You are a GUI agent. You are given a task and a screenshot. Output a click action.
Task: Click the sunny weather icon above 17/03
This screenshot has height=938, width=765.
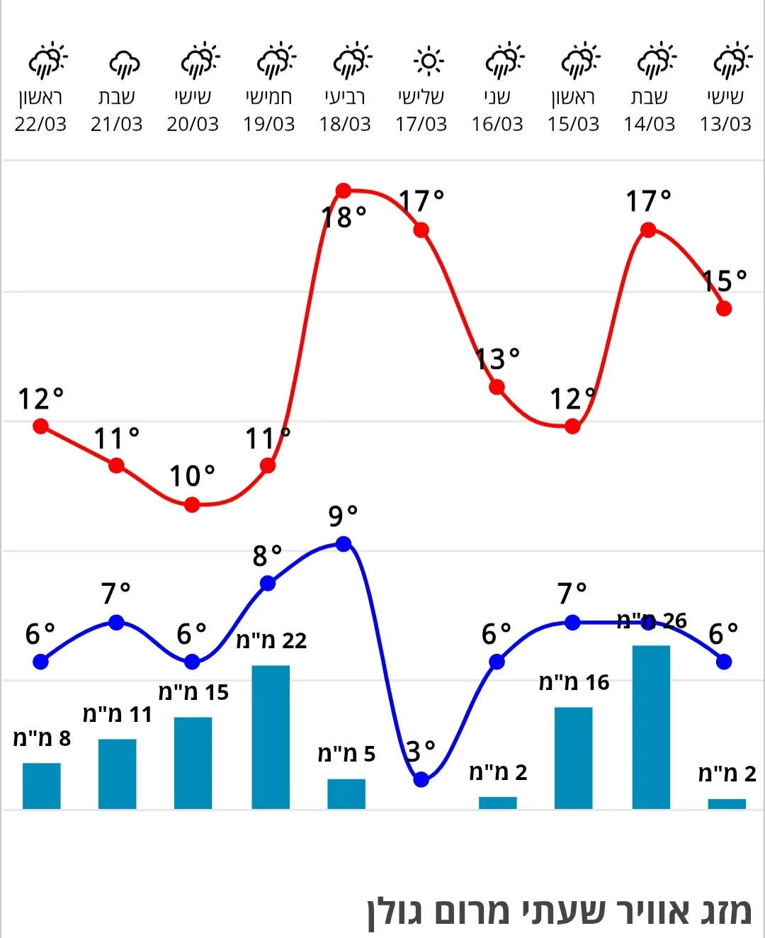point(428,61)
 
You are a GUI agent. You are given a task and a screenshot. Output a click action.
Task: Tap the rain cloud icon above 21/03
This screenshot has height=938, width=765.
point(124,63)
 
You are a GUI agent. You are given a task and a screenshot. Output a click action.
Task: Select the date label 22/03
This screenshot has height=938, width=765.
point(40,124)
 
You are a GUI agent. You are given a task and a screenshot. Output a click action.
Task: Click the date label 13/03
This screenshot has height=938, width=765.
point(725,124)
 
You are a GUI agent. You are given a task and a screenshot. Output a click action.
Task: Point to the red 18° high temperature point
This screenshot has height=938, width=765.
point(344,191)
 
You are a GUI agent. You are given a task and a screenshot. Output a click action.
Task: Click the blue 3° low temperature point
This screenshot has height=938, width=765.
point(421,779)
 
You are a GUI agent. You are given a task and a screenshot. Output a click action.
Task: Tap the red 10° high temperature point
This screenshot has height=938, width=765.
point(192,504)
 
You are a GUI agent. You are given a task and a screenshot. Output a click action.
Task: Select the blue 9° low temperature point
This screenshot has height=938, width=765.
point(344,544)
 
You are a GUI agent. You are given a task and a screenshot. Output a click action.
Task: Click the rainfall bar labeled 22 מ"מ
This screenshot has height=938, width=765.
point(271,737)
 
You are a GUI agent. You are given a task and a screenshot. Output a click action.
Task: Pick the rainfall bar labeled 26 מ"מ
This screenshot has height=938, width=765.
point(651,727)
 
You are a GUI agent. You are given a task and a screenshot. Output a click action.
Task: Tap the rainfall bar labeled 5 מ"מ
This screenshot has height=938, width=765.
point(346,793)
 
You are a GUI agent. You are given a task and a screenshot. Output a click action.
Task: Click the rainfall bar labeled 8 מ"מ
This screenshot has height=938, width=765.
point(42,786)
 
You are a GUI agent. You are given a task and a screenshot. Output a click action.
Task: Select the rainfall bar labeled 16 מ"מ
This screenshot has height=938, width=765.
point(573,757)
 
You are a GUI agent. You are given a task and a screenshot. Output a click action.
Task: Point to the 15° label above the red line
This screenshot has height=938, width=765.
point(725,281)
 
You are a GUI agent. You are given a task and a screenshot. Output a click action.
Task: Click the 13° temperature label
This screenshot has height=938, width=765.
point(498,359)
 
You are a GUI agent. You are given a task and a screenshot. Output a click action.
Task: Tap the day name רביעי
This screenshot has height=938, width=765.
point(345,97)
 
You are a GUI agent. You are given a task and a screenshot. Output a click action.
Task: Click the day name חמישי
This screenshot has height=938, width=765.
point(268,97)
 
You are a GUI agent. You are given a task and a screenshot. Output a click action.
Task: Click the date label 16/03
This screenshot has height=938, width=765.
point(497,124)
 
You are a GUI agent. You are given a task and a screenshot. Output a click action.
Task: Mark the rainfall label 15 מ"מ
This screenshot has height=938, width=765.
point(193,692)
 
